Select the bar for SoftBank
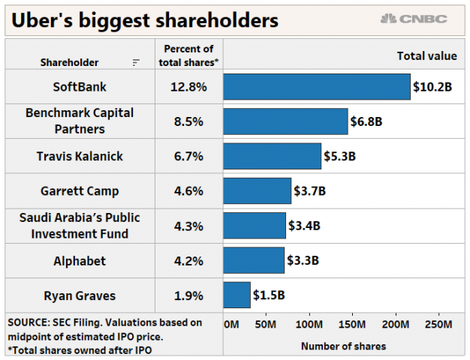click(x=316, y=86)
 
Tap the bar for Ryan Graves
click(x=237, y=295)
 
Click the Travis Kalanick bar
click(x=272, y=156)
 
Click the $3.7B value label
click(x=309, y=190)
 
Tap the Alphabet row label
click(x=80, y=260)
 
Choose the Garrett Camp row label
click(x=80, y=190)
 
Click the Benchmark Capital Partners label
click(x=80, y=121)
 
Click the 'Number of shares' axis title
click(x=343, y=346)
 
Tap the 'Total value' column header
click(x=426, y=55)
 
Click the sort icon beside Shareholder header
click(x=135, y=62)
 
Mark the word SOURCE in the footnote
click(x=28, y=322)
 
